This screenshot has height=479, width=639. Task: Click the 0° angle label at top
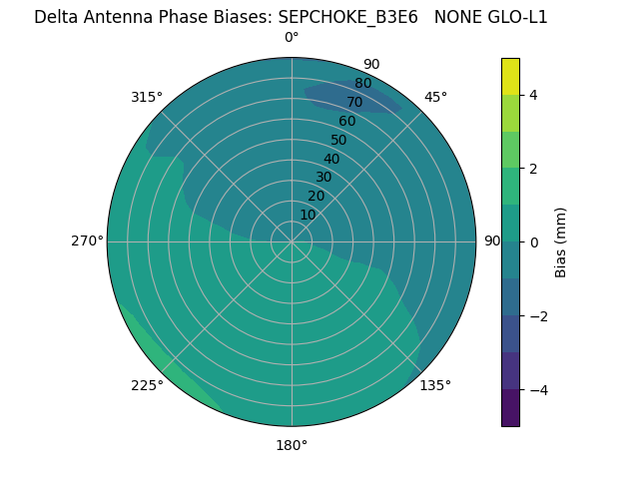pos(292,38)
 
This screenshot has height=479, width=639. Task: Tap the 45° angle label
pos(435,97)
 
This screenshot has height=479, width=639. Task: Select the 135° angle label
pos(435,385)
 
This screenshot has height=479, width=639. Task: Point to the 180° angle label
pos(292,445)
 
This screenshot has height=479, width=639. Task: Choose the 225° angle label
pos(147,386)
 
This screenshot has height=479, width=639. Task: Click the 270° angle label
pos(87,240)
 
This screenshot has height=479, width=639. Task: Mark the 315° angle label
pos(147,97)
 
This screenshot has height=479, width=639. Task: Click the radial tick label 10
pos(308,215)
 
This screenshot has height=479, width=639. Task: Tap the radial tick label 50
pos(338,140)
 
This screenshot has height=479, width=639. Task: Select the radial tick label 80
pos(362,83)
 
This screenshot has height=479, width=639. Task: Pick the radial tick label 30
pos(323,178)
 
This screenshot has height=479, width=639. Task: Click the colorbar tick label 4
pos(534,95)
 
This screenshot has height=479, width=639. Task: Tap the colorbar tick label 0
pos(534,242)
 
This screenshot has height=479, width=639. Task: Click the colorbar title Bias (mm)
pos(561,242)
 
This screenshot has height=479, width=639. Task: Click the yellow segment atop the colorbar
pos(511,76)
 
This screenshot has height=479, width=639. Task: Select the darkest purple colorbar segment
pos(511,408)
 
